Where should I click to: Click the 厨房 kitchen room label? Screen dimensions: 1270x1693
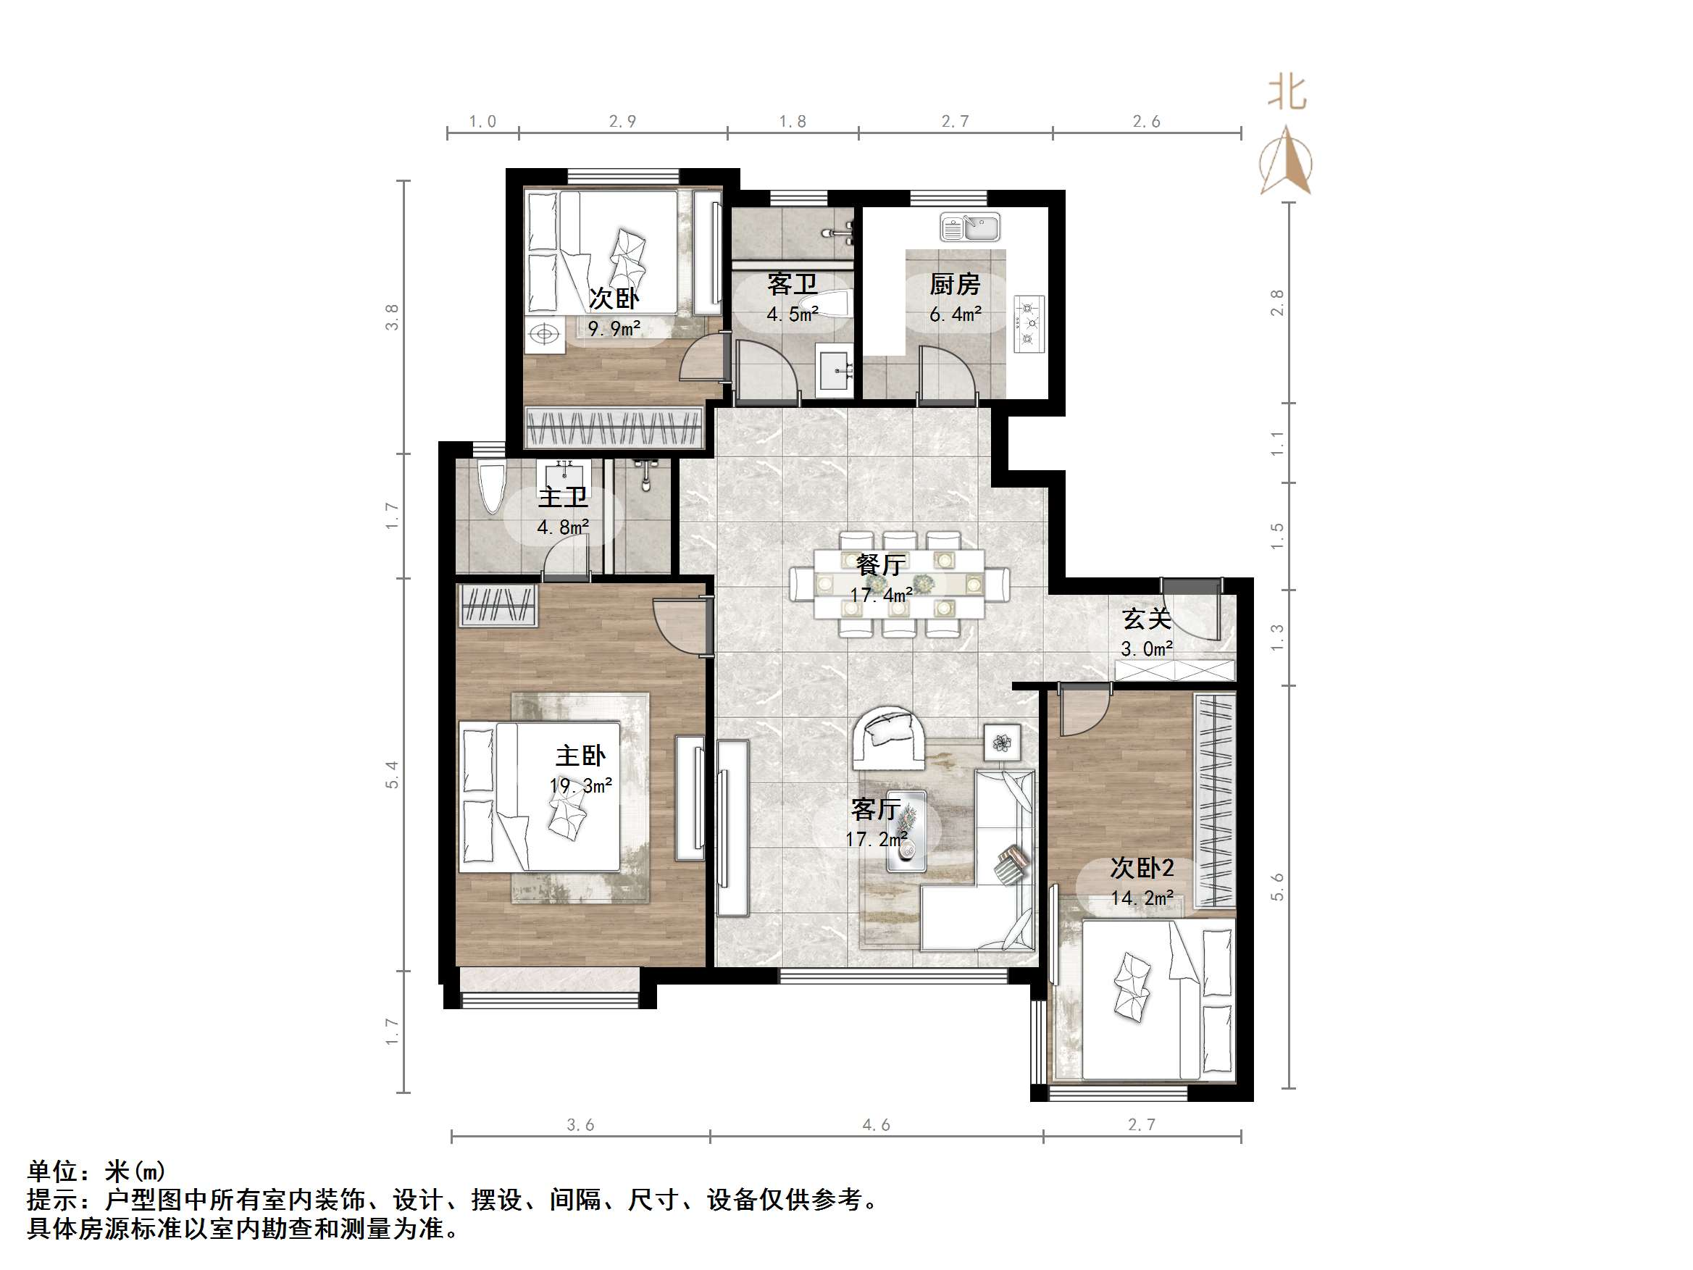(x=954, y=285)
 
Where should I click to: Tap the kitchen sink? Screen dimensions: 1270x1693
(x=970, y=227)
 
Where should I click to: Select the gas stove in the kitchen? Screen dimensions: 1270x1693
(x=1029, y=324)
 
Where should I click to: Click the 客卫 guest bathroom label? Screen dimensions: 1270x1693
(x=792, y=285)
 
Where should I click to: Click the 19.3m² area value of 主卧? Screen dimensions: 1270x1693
(x=580, y=785)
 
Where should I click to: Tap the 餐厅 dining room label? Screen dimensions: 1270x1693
(x=881, y=565)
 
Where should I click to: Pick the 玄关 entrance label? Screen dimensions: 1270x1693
(x=1146, y=619)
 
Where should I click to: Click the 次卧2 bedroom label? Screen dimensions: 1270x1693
(x=1142, y=868)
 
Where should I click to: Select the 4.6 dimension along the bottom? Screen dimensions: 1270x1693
(x=877, y=1124)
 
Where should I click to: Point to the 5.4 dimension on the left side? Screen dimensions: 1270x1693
(x=392, y=774)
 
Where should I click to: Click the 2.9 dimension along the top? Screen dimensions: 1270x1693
(x=622, y=121)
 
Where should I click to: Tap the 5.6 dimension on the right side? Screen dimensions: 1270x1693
(x=1276, y=887)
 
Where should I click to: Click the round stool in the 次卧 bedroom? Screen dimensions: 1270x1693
(x=544, y=335)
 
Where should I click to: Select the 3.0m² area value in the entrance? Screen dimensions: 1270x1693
(x=1147, y=649)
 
